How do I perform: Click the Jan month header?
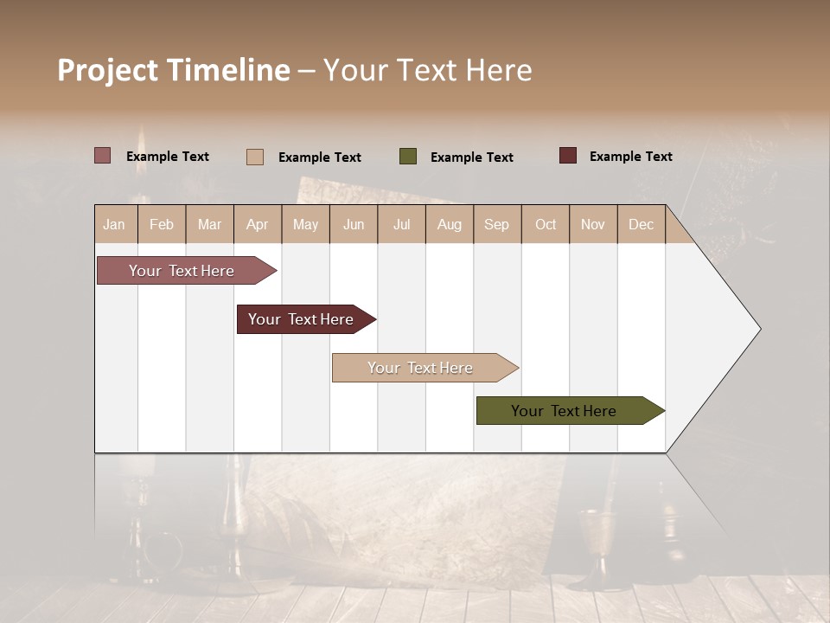(x=115, y=224)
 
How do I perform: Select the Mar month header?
(x=209, y=224)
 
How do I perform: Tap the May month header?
(x=305, y=224)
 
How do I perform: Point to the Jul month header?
(x=401, y=224)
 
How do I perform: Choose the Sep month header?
(x=496, y=224)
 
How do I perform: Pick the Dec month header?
(x=641, y=224)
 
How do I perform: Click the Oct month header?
(x=546, y=224)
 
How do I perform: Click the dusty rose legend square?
(x=103, y=156)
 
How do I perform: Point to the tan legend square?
(x=255, y=157)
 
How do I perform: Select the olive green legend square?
(x=408, y=157)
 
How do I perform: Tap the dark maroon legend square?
(x=568, y=156)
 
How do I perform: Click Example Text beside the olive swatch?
(x=472, y=157)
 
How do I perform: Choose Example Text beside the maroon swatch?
(x=631, y=157)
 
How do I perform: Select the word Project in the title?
(x=107, y=70)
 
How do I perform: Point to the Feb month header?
(x=162, y=224)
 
